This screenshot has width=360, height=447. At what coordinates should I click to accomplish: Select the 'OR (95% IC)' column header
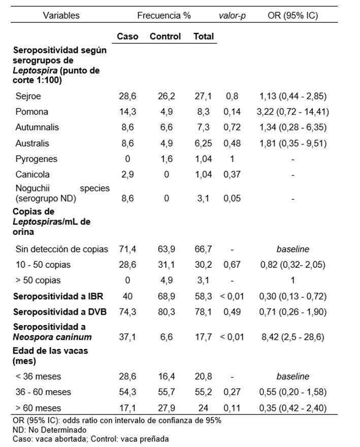292,15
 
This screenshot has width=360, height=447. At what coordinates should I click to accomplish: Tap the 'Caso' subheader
127,37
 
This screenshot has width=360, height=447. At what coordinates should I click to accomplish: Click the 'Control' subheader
166,37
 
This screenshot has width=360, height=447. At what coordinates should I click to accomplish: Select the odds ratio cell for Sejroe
293,95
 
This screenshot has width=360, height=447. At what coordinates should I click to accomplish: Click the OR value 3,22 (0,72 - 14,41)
293,111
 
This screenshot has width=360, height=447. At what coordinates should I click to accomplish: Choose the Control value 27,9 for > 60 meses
166,408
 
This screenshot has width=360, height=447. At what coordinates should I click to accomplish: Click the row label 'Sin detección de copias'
62,249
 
